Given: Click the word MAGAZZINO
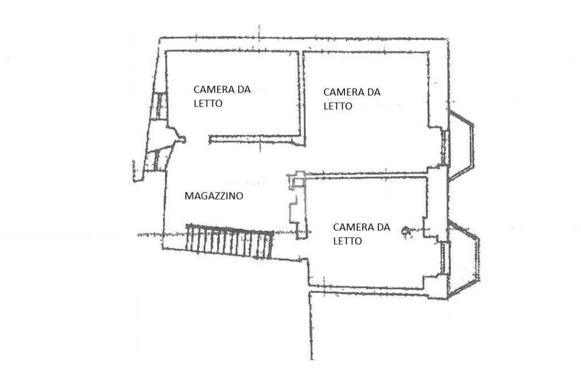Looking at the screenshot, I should (214, 196).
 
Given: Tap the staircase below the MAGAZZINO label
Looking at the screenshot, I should (229, 242).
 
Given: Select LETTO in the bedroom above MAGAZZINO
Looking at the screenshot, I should (208, 104).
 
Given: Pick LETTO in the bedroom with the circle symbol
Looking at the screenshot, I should (347, 241).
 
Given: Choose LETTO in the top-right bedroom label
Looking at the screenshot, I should (338, 106).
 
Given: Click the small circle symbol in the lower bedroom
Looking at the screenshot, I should (406, 231).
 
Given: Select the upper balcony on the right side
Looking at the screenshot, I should (461, 145).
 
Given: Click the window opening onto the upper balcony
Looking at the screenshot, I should (445, 147).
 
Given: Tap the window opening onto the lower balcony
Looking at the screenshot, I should (445, 258).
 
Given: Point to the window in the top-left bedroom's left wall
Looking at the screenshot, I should (161, 106).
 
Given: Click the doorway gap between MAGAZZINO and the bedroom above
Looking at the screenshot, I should (196, 139).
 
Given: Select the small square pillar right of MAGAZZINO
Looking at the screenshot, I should (298, 180).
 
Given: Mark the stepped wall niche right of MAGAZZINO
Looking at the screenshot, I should (296, 212).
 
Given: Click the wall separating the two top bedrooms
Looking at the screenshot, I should (302, 96).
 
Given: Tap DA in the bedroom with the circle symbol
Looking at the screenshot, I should (384, 227).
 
